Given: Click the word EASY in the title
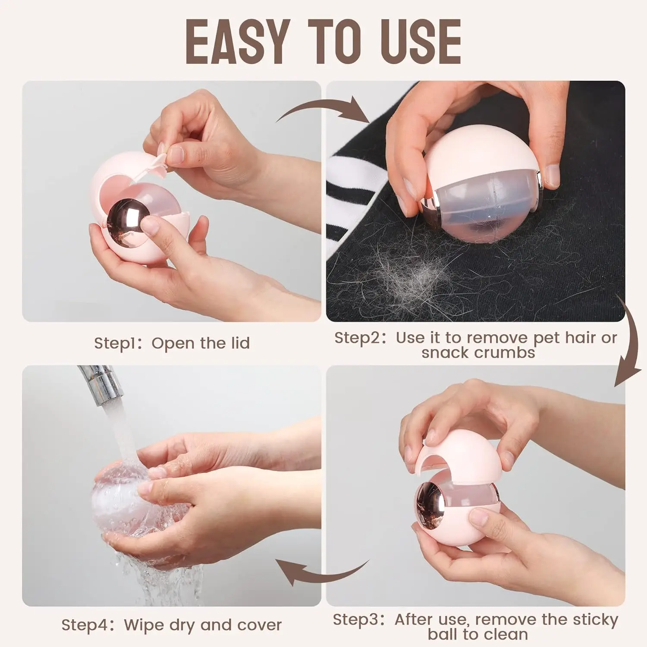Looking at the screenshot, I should [237, 42].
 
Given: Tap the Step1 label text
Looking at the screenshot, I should [114, 343].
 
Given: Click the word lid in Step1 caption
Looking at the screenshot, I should [240, 343].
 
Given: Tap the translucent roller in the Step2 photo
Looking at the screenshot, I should [483, 203].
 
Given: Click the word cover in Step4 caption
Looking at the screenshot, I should [259, 625].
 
